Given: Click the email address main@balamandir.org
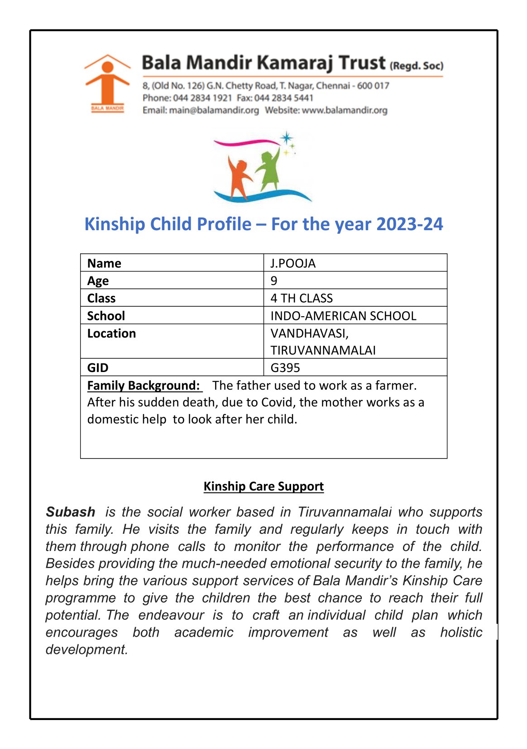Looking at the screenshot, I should click(x=214, y=110).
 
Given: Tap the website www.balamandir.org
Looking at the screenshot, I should click(x=345, y=110).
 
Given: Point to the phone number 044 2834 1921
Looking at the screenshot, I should click(x=202, y=98).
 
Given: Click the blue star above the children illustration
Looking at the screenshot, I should click(x=286, y=138).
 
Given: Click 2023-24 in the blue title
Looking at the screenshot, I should click(x=409, y=224).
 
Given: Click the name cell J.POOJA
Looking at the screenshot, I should click(x=293, y=263).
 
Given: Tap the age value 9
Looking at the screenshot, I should click(x=274, y=281).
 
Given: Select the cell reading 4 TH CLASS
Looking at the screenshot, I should click(x=302, y=298).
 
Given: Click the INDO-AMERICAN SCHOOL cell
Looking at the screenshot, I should click(x=343, y=316).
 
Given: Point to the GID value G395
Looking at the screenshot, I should click(x=285, y=367).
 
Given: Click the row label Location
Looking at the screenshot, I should click(x=111, y=333).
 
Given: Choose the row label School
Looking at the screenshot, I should click(x=106, y=316).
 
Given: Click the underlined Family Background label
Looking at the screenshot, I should click(x=144, y=386).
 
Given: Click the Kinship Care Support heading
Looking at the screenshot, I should click(x=263, y=486).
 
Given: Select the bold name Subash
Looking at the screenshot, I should click(x=71, y=512).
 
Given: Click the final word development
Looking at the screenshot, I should click(x=86, y=649).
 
